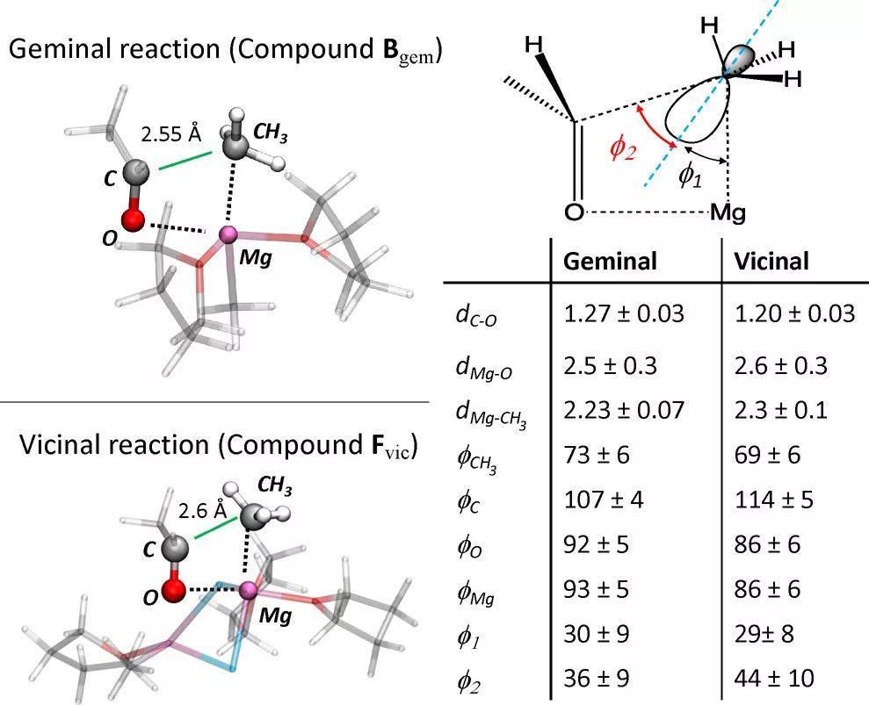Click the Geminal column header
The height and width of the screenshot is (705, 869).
pos(610,261)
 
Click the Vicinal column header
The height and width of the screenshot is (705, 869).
pos(771,261)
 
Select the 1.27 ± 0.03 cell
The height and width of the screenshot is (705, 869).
pos(624,313)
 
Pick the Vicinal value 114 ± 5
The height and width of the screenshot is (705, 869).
pos(774,500)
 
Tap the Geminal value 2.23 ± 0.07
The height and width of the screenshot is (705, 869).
pos(624,410)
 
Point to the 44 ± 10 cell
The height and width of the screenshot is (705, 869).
pos(774,678)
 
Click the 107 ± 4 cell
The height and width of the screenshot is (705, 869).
pos(604,500)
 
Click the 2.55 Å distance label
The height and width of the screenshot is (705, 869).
pos(170,133)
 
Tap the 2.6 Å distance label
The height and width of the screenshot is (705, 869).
pos(203,510)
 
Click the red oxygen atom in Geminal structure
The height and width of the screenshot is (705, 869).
pos(133,219)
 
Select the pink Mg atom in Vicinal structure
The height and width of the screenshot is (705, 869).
pos(249,591)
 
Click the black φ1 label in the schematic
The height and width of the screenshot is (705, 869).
pos(691,176)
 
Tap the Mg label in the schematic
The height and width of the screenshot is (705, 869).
pos(728,212)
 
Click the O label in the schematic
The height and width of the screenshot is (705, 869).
pos(574,212)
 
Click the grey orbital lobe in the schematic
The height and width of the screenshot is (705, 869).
pos(741,58)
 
